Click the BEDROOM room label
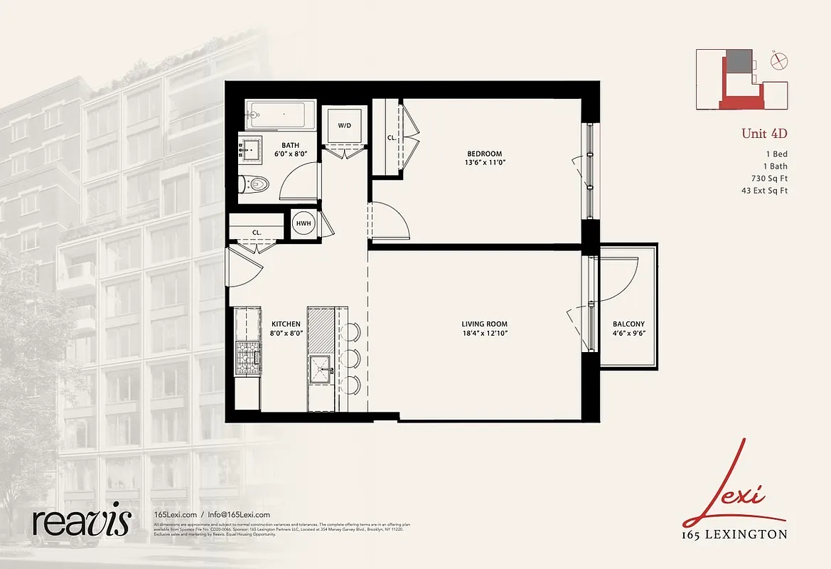pyautogui.click(x=484, y=154)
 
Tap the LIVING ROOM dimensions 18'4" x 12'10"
pyautogui.click(x=483, y=333)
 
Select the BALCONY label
pyautogui.click(x=628, y=324)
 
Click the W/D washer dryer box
pyautogui.click(x=344, y=126)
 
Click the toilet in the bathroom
pyautogui.click(x=254, y=184)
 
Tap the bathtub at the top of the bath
pyautogui.click(x=280, y=114)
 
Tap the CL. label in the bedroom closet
pyautogui.click(x=392, y=138)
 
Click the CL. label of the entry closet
pyautogui.click(x=257, y=232)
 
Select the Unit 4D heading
pyautogui.click(x=764, y=133)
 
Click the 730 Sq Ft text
pyautogui.click(x=769, y=178)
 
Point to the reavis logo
pyautogui.click(x=82, y=521)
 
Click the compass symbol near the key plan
pyautogui.click(x=778, y=61)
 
